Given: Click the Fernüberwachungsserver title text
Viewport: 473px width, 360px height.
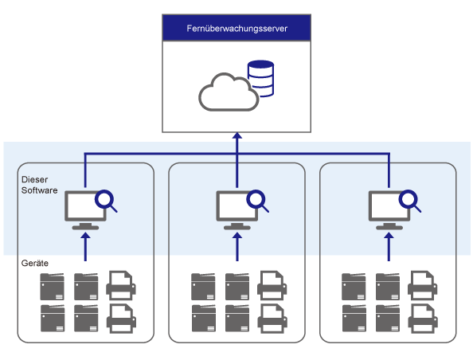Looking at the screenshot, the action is (236, 29).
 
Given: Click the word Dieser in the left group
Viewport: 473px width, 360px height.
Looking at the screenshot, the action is (35, 179).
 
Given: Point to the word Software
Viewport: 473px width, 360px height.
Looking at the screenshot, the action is (40, 190).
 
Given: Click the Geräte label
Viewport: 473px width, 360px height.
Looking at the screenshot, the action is (35, 263).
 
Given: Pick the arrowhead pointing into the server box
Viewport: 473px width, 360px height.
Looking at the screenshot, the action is (237, 135).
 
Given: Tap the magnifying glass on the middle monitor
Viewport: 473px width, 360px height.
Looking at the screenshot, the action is (257, 201).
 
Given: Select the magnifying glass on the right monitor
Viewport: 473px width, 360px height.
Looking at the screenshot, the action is (409, 201).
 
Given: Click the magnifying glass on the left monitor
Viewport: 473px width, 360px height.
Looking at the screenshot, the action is (106, 201).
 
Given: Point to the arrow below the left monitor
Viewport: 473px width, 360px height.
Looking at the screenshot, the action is (86, 247).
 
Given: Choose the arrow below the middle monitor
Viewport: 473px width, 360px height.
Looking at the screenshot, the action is (237, 247).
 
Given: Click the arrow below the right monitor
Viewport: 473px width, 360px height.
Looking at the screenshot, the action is (389, 247).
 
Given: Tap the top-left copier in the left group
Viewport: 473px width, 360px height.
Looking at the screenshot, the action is (53, 287).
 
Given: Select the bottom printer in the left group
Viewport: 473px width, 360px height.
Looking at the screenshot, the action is (121, 319).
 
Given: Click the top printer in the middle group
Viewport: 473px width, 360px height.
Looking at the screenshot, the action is (272, 285).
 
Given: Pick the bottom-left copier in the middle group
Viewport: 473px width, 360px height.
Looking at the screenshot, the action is (204, 318).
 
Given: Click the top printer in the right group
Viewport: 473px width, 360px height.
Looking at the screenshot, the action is (422, 285).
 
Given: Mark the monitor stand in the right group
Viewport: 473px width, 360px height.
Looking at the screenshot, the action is (389, 226).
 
